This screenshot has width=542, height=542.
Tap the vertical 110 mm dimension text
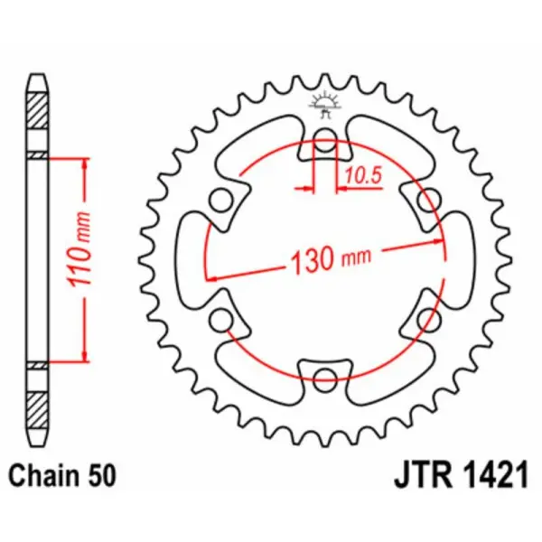[81, 260]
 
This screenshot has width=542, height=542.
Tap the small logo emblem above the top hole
[325, 102]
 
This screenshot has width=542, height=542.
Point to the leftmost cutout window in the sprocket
[192, 260]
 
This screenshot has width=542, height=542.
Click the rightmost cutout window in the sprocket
[461, 260]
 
